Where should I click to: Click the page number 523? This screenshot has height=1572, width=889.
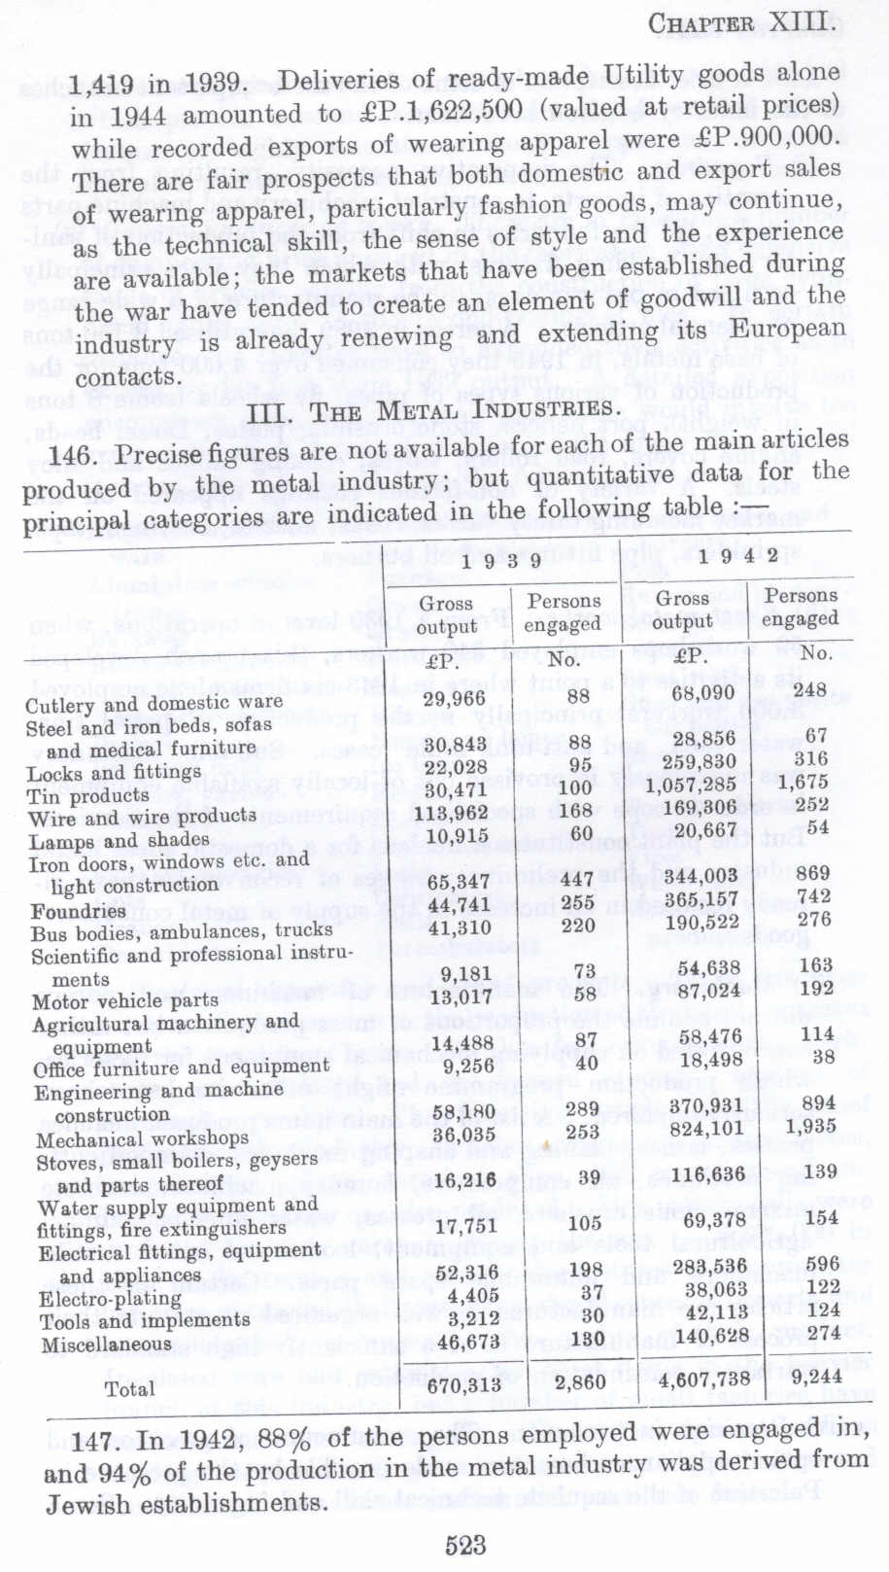pyautogui.click(x=465, y=1545)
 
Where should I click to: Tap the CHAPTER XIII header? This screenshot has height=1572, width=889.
pyautogui.click(x=741, y=22)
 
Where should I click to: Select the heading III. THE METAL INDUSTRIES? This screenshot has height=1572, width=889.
pyautogui.click(x=432, y=408)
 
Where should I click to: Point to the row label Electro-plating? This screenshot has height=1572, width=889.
pyautogui.click(x=110, y=1299)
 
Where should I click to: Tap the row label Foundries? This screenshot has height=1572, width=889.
pyautogui.click(x=78, y=911)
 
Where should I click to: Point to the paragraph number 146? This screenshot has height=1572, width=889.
pyautogui.click(x=69, y=454)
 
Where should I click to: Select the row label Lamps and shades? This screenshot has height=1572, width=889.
pyautogui.click(x=119, y=840)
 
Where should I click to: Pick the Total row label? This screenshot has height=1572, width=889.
pyautogui.click(x=129, y=1388)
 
